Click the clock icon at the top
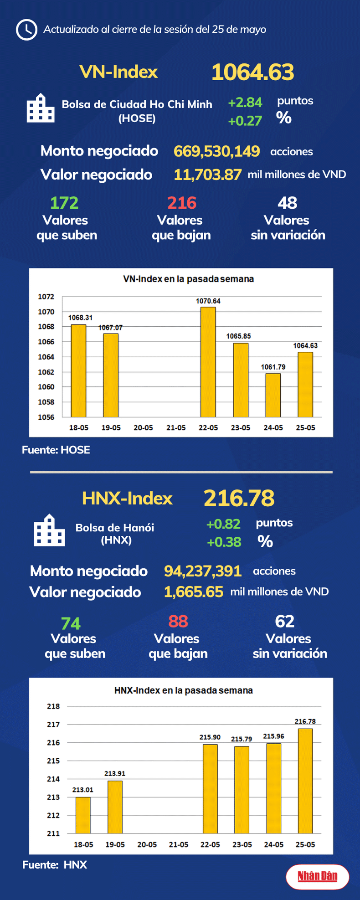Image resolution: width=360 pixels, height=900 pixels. click(26, 30)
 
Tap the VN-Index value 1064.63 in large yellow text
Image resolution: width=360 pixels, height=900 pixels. click(252, 72)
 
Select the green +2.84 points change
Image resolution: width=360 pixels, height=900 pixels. click(245, 103)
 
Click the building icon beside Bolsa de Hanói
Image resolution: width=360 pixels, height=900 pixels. click(49, 530)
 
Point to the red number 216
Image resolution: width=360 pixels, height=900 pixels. click(181, 203)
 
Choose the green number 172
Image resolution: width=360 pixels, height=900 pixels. click(64, 203)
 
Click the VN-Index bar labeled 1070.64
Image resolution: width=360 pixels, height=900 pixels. click(208, 362)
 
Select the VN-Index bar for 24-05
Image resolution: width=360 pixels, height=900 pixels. click(273, 395)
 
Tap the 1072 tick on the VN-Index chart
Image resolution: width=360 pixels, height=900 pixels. click(46, 297)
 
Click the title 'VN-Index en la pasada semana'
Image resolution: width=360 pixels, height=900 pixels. click(188, 279)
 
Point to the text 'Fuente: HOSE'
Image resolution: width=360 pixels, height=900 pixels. click(56, 450)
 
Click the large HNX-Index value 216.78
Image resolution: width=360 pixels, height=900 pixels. click(239, 498)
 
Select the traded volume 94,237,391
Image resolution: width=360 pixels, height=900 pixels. click(202, 571)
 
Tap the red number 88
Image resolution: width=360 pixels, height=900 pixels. click(178, 621)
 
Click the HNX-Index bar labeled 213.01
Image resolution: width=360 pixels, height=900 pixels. click(83, 815)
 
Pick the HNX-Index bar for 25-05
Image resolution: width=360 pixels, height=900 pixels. click(305, 781)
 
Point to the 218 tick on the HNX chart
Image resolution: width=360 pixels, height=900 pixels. click(53, 706)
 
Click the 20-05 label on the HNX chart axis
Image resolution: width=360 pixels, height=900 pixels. click(147, 844)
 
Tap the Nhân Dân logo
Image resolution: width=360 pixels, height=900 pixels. click(317, 876)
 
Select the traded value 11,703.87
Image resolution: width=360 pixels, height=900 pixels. click(207, 175)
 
